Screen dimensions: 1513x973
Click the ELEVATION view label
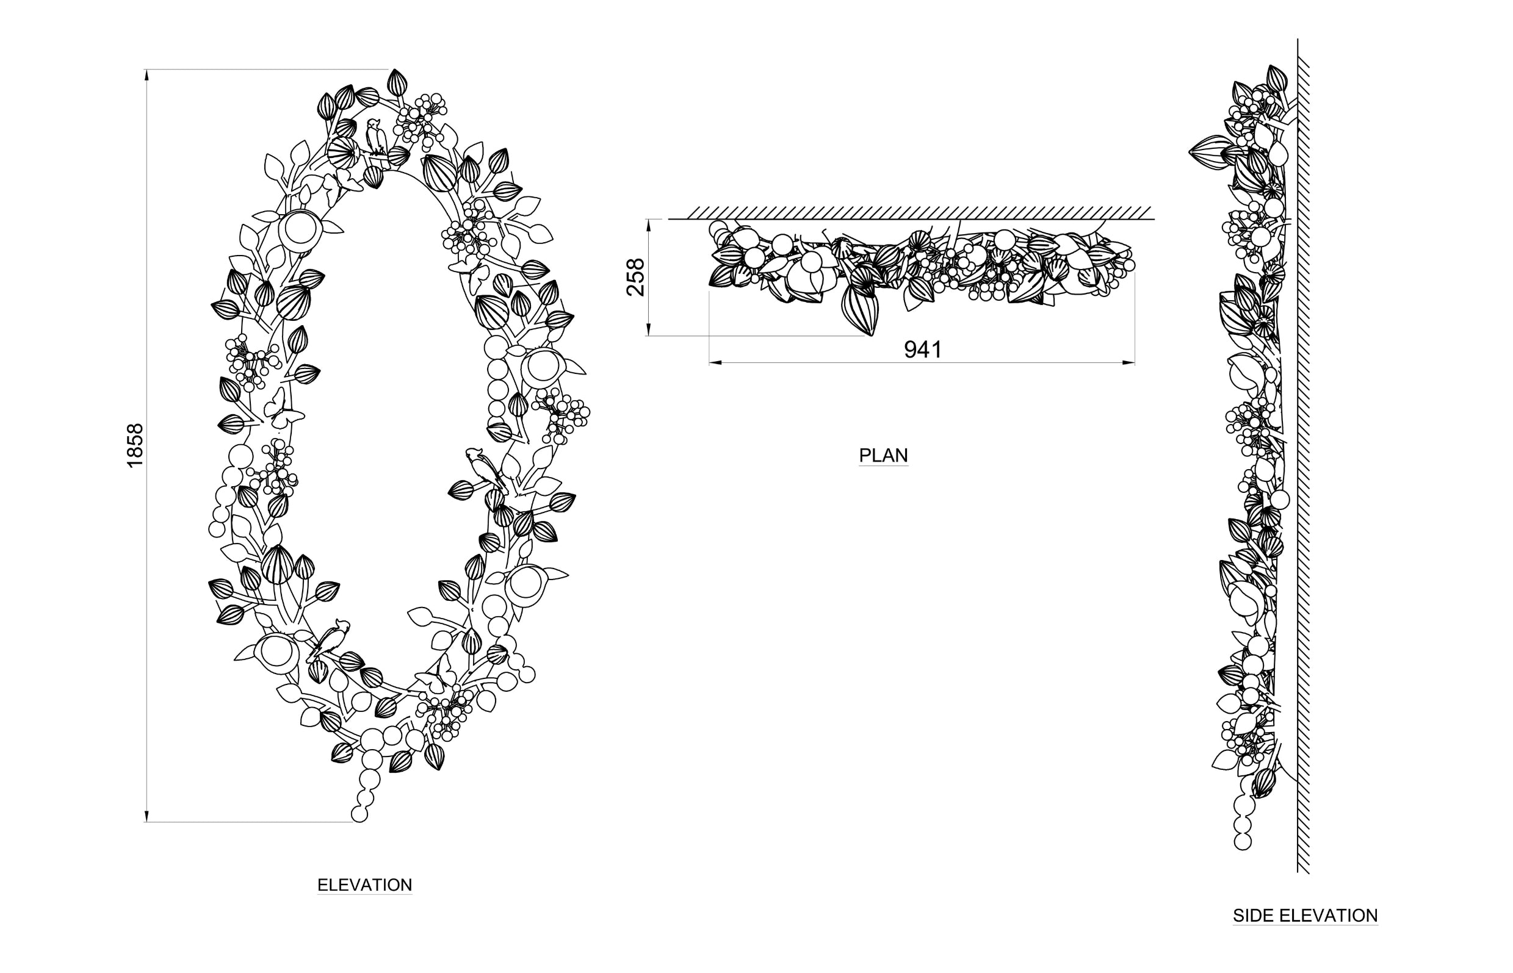tap(364, 885)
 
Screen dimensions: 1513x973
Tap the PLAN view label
tap(883, 455)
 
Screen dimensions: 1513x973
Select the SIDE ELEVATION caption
tap(1305, 916)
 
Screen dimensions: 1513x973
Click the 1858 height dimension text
tap(135, 445)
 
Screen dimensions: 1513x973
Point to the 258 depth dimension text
tap(635, 277)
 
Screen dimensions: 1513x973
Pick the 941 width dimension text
tap(923, 349)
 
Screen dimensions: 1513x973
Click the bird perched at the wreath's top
tap(375, 137)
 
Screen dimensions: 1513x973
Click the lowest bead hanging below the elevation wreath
tap(359, 814)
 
